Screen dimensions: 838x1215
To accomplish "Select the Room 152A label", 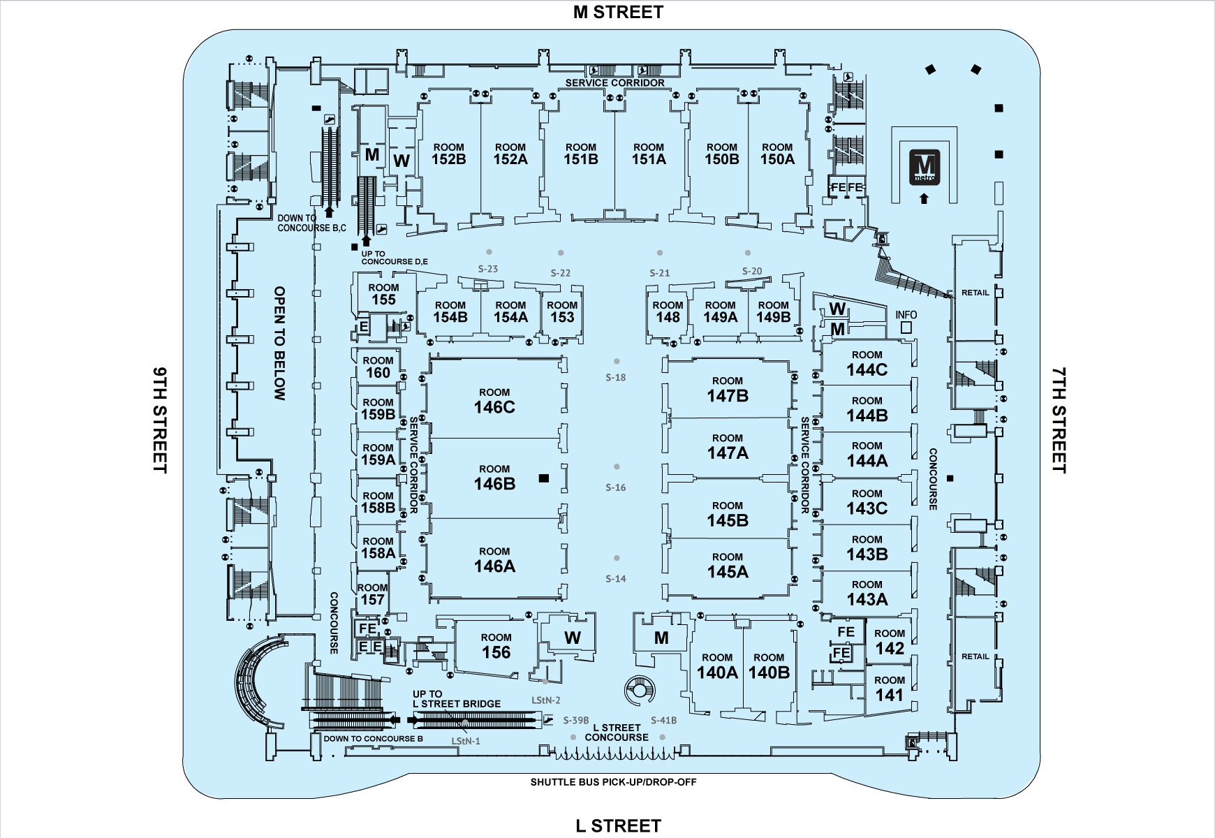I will point(510,154).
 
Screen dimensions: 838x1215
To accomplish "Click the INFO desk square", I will point(906,326).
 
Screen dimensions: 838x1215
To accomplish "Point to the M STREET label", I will point(617,12).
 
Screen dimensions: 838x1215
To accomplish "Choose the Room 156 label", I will point(496,647).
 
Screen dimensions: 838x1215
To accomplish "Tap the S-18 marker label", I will point(615,378).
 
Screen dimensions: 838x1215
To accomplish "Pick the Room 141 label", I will point(889,689).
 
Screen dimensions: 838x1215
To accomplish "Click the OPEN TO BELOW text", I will point(280,343).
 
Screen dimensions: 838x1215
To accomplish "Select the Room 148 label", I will point(668,311).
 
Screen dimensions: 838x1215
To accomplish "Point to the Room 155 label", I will point(383,294).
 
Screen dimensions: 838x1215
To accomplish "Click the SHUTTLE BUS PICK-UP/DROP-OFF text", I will point(613,782).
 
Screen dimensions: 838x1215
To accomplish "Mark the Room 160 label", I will point(378,367).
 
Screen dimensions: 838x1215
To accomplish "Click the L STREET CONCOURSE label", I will point(617,733).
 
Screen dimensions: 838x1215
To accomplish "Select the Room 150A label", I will point(776,154).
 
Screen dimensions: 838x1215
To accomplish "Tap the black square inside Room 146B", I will point(545,478).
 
